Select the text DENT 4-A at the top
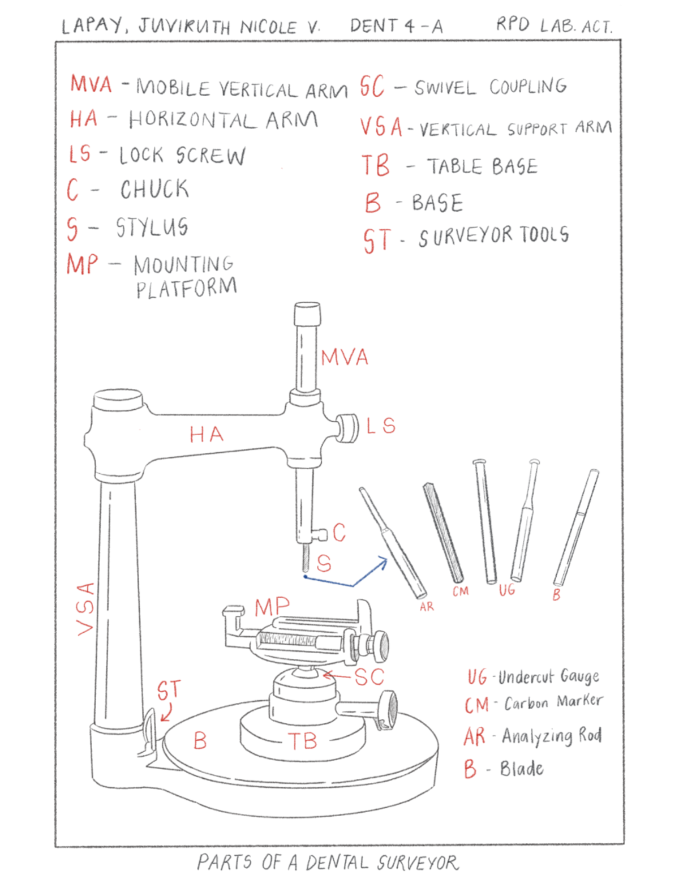396,26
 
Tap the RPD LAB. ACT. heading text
553,25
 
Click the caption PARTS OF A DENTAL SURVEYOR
328,863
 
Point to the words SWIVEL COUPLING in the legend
490,87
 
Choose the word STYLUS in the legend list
152,228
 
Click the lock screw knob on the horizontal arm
347,428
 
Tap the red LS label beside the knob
381,426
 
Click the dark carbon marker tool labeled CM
443,532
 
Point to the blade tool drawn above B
576,526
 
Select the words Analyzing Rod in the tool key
551,736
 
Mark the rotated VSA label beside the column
85,608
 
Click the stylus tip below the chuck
306,558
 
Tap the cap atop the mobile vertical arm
307,313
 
